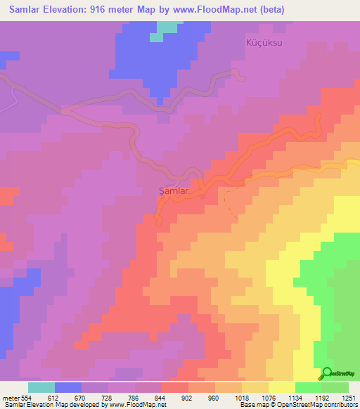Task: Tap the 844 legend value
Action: click(x=161, y=398)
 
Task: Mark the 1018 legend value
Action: click(x=241, y=398)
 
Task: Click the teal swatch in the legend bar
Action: click(x=41, y=388)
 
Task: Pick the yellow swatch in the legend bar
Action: click(x=282, y=388)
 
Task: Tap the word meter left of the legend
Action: click(x=10, y=398)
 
